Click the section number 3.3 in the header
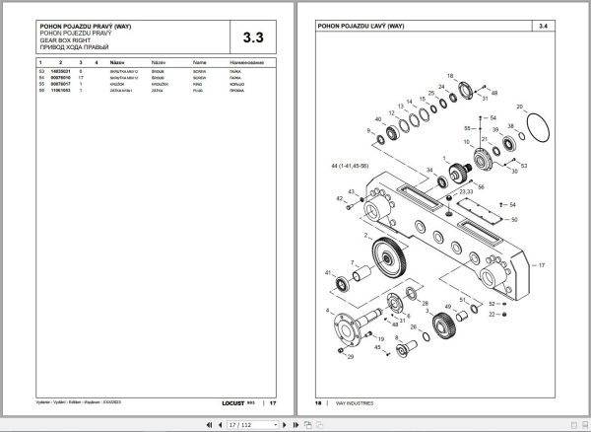coord(252,38)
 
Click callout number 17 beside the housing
coord(540,265)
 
